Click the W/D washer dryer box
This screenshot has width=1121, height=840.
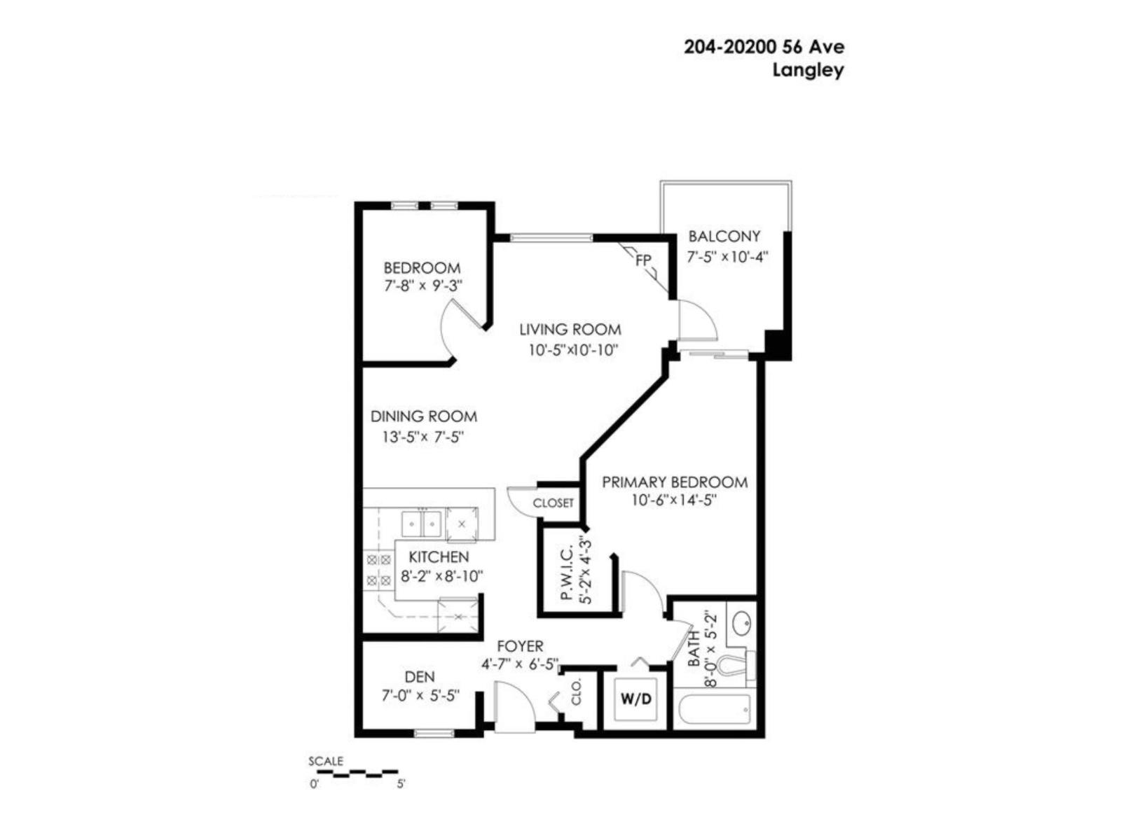pos(636,699)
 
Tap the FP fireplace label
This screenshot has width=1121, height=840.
pos(643,260)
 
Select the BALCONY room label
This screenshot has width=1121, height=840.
pos(724,237)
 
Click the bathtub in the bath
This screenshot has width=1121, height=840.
pos(714,711)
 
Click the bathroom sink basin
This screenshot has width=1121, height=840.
pos(741,622)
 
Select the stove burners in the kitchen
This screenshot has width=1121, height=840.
pos(379,570)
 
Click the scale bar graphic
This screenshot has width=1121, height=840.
pos(356,773)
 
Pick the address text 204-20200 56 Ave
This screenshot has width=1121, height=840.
pos(764,48)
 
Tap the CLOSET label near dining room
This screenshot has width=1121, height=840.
pos(553,503)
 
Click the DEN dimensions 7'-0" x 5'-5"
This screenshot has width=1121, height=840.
pos(420,696)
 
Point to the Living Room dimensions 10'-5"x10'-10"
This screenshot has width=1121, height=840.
pos(572,350)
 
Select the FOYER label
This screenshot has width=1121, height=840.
pos(520,646)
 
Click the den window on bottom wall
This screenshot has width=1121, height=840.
pos(434,733)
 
